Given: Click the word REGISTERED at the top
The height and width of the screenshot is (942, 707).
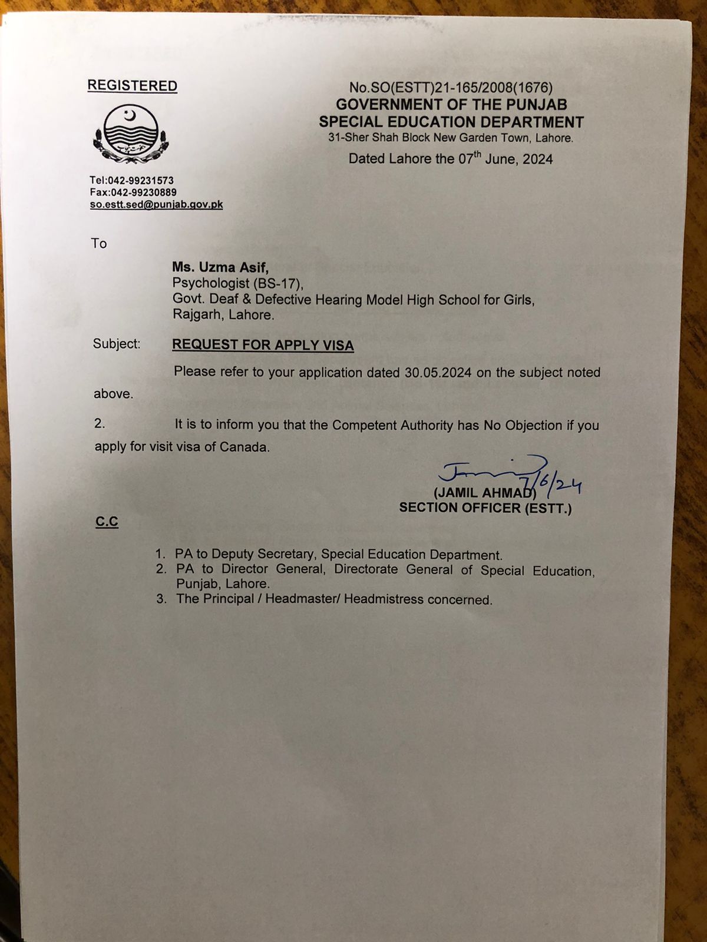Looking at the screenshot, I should [132, 86].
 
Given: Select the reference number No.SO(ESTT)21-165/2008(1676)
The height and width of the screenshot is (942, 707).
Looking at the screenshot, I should [451, 88].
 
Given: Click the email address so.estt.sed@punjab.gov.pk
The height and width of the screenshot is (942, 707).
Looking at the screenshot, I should [156, 205].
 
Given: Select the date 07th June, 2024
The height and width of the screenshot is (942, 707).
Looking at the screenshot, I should [506, 159].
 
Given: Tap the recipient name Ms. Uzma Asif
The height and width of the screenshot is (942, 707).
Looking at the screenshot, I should [220, 268].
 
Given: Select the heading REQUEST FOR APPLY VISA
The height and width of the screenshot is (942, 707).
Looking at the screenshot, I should [263, 345].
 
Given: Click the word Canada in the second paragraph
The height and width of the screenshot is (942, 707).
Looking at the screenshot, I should [244, 447].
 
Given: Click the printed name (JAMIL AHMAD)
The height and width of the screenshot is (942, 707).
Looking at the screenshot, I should [484, 493].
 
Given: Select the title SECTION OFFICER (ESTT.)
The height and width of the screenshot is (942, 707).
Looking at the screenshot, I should [485, 508].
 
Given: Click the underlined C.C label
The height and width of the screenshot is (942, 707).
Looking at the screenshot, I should [107, 522].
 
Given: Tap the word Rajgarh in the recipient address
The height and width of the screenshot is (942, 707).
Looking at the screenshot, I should [197, 315].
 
